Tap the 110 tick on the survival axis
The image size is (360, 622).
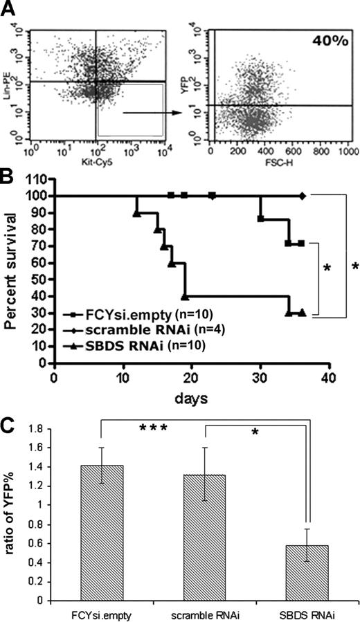39,179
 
